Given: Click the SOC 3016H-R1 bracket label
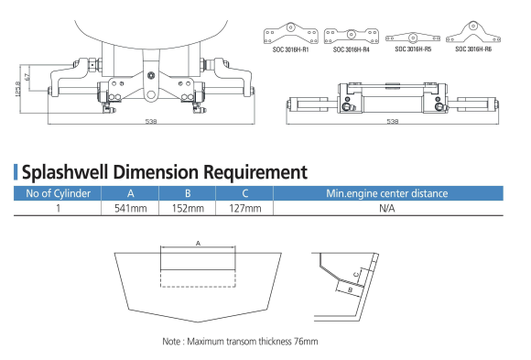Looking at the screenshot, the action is click(x=290, y=49).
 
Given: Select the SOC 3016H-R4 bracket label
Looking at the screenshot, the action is click(x=352, y=49).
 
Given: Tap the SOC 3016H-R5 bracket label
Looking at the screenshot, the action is click(x=413, y=49).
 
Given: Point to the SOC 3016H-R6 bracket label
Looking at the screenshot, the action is click(x=473, y=49).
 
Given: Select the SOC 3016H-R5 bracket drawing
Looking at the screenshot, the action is click(x=413, y=38).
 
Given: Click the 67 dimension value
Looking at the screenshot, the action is click(x=27, y=77).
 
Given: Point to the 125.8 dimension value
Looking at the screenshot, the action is click(x=18, y=89).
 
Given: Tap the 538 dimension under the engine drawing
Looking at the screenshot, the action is click(x=151, y=121).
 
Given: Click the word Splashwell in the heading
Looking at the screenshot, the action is click(x=65, y=172).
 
